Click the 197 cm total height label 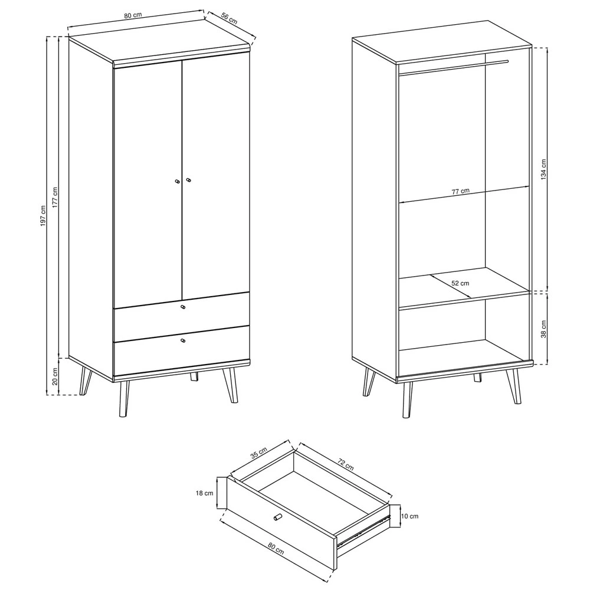coord(43,216)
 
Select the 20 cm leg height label coord(55,376)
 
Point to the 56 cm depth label coord(229,19)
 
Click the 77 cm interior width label coord(461,191)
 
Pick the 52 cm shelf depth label coord(460,283)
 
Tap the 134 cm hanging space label coord(543,169)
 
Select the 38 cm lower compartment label coord(543,329)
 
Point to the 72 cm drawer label coord(345,464)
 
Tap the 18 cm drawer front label coord(204,493)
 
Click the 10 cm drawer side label coord(409,516)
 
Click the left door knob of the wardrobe coord(177,181)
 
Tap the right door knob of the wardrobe coord(188,181)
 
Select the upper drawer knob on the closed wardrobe coord(183,307)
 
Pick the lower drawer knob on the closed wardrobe coord(183,340)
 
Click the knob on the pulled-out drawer coord(277,517)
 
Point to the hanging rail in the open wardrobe coord(453,67)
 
